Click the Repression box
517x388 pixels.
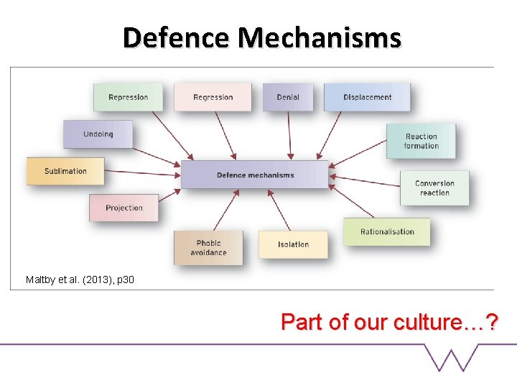[x=128, y=97]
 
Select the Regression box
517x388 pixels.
[x=213, y=97]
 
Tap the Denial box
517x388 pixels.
[x=287, y=97]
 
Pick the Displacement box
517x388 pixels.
[x=367, y=97]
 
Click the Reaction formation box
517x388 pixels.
[x=421, y=141]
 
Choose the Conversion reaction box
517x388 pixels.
[x=434, y=188]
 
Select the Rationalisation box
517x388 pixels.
[x=387, y=231]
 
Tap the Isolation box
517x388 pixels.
[x=293, y=244]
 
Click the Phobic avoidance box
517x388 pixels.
[x=208, y=247]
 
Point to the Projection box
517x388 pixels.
[x=124, y=208]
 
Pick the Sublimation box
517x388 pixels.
[x=65, y=171]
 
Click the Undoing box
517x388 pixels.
[x=98, y=134]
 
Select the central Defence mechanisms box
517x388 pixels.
[x=255, y=175]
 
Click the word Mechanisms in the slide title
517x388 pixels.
[x=320, y=37]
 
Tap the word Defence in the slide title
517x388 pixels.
[x=177, y=37]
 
